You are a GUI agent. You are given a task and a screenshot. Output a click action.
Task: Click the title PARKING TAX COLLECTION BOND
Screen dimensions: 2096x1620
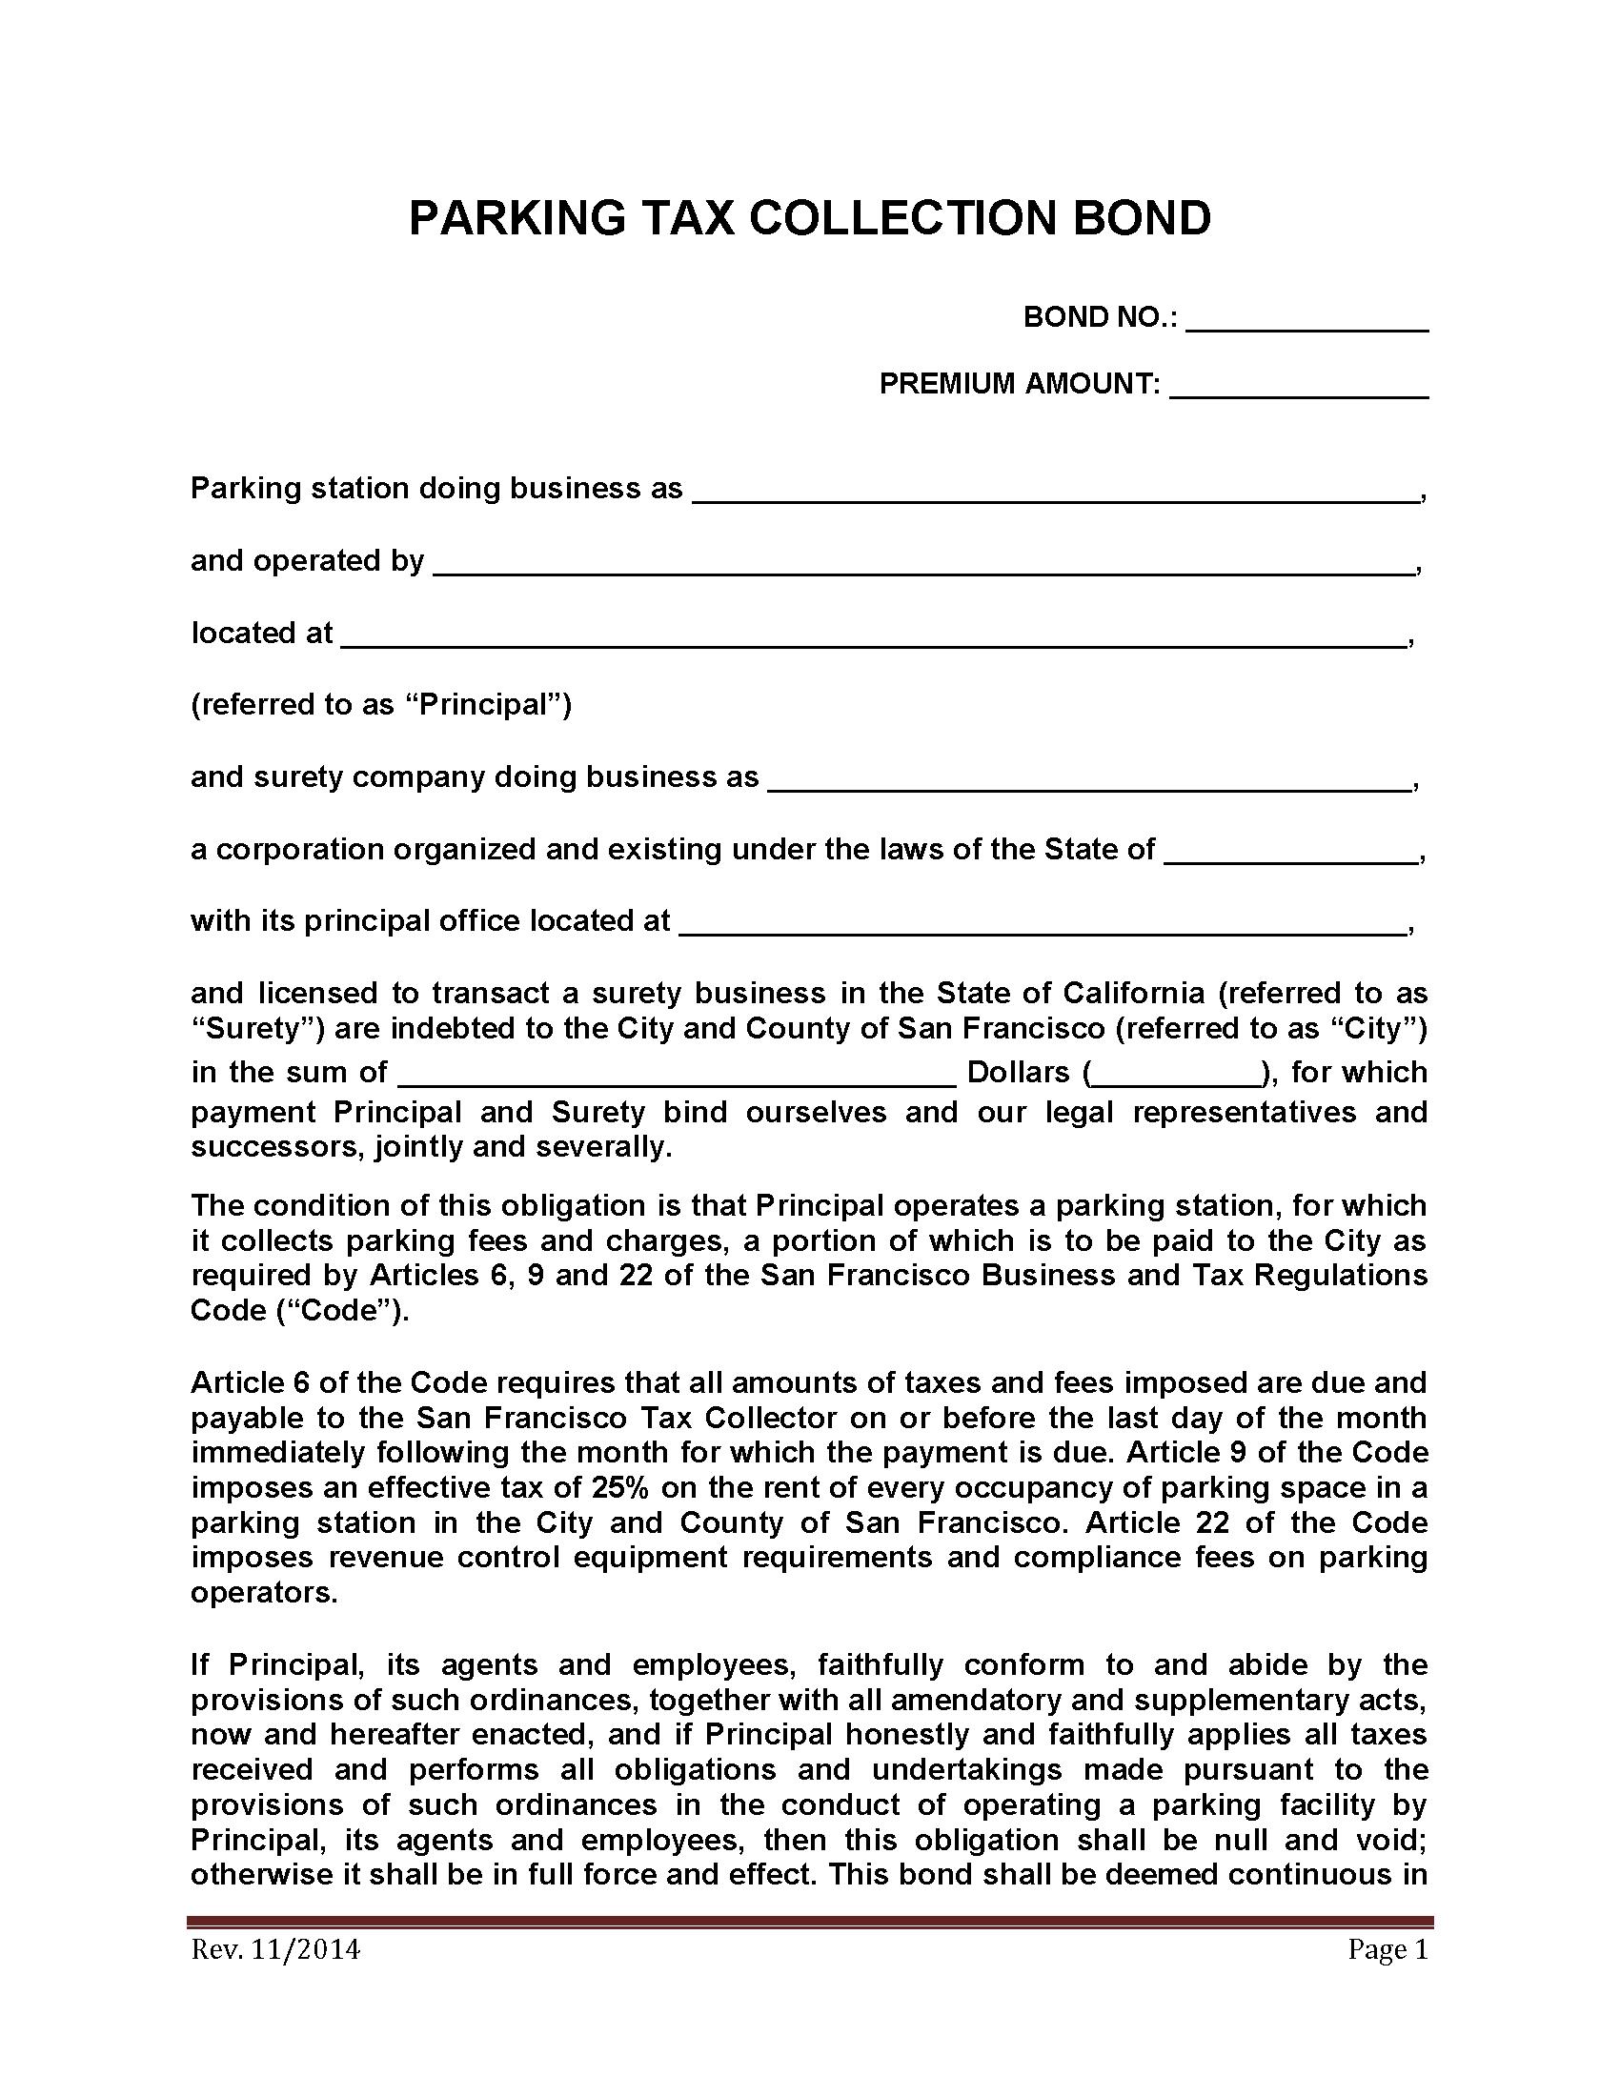[x=809, y=219]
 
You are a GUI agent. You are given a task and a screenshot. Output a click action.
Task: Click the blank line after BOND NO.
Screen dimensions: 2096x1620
[x=1306, y=320]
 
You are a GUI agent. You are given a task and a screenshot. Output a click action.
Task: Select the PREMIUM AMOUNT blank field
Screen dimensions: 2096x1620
[x=1299, y=387]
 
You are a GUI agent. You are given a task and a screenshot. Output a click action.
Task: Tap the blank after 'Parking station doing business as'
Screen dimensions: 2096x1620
[x=1055, y=492]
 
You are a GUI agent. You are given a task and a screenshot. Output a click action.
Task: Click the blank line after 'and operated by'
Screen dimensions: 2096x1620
[x=923, y=563]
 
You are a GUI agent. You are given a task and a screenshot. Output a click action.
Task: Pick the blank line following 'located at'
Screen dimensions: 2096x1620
[x=872, y=636]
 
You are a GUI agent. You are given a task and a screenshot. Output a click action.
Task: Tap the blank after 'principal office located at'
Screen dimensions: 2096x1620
[x=1043, y=923]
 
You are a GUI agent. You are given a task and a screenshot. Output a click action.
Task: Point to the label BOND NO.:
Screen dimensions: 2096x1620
[x=1100, y=317]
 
